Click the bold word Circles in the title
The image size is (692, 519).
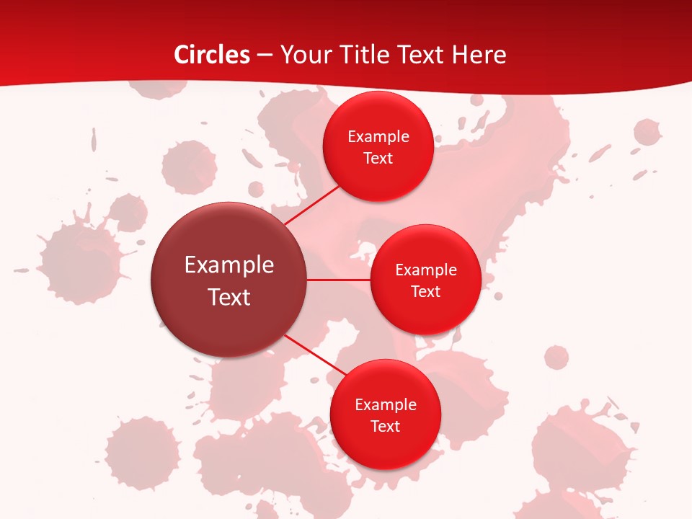pos(212,55)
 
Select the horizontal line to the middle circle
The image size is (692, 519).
pos(339,280)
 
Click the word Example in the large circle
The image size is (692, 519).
pos(229,265)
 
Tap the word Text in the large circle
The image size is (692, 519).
pos(229,297)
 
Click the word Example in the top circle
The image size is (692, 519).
pos(378,137)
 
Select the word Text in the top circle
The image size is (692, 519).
pos(378,159)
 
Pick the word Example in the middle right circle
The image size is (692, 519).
pos(426,270)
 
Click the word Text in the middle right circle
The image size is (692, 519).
pos(425,292)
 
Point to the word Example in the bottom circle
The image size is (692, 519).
pos(386,405)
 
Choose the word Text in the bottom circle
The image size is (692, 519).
pos(385,427)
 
